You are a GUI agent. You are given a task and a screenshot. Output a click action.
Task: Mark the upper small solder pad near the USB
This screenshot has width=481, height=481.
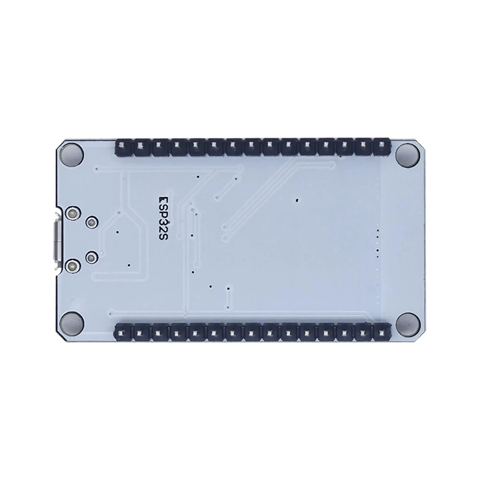tap(90, 223)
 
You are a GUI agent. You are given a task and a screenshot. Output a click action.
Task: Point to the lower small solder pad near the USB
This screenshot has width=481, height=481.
tap(90, 256)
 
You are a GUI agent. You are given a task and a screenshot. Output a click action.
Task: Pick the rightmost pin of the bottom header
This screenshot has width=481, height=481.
tap(382, 331)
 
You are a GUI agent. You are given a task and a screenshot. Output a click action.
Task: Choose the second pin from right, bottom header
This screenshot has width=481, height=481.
tap(364, 331)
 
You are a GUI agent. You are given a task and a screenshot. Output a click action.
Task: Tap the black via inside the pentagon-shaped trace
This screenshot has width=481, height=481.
tap(117, 232)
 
